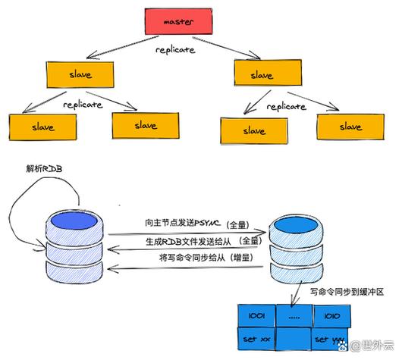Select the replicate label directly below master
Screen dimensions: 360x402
point(175,50)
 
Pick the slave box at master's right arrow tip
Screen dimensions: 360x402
point(262,75)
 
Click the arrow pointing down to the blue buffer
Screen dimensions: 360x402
point(294,288)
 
